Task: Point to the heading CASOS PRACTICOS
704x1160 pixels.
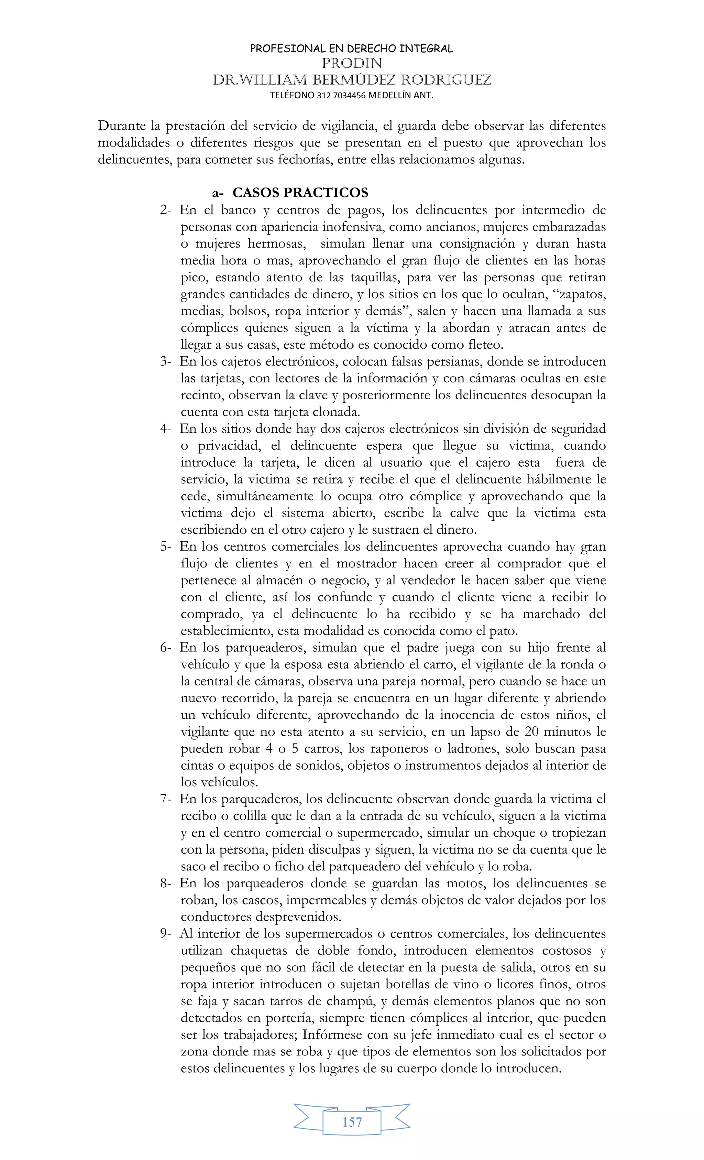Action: pyautogui.click(x=300, y=193)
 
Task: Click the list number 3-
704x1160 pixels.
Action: pyautogui.click(x=166, y=361)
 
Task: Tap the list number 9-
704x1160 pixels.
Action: pyautogui.click(x=166, y=934)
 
